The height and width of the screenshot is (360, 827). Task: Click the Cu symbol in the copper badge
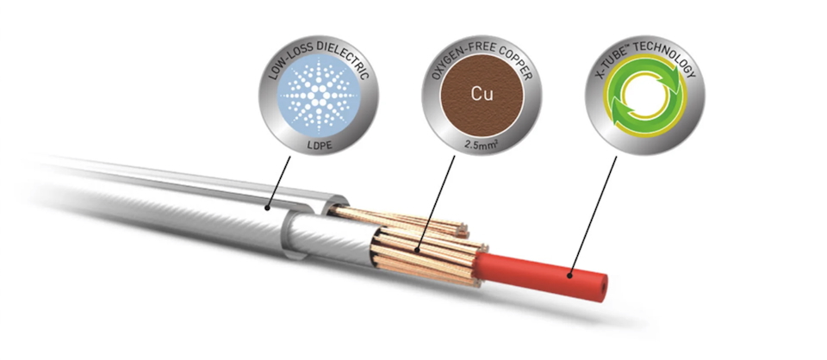coord(482,94)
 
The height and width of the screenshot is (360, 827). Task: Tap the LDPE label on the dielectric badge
coord(319,146)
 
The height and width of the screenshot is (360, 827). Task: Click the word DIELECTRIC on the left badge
coord(344,58)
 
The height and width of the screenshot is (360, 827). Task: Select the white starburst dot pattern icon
coord(319,96)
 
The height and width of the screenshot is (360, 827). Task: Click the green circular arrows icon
coord(644,96)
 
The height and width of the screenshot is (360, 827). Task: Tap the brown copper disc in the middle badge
coord(482,95)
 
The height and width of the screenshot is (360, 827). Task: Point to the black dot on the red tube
coord(569,275)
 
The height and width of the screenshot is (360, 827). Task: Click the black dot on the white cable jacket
coord(267,208)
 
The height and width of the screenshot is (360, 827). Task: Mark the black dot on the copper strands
coord(417,249)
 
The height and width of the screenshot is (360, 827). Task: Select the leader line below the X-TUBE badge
coord(593,215)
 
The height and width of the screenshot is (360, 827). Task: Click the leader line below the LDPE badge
coord(279,182)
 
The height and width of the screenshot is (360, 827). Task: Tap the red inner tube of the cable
coord(542,276)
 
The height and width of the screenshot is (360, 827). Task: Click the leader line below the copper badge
coord(435,202)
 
